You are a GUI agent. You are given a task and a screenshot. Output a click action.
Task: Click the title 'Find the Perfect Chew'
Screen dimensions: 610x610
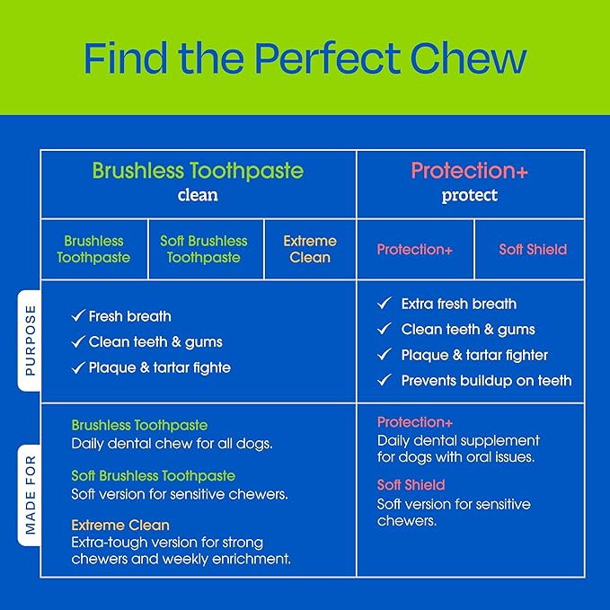(305, 57)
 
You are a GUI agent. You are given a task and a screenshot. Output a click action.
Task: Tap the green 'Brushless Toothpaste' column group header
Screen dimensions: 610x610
(198, 171)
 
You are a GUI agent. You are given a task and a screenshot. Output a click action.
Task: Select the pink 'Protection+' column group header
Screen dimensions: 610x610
(470, 171)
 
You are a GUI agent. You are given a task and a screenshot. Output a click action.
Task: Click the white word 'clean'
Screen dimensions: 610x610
(198, 195)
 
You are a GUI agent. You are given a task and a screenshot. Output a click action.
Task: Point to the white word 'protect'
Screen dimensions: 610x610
(470, 195)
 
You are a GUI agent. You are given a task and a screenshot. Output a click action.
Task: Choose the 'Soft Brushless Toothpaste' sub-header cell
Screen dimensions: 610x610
(206, 250)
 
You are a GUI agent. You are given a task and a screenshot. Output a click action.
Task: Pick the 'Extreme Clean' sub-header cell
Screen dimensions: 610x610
(310, 250)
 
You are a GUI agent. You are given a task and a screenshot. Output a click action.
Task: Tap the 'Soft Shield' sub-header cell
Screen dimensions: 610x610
(529, 250)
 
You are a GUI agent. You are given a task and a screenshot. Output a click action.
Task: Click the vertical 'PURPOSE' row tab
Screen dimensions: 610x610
(30, 340)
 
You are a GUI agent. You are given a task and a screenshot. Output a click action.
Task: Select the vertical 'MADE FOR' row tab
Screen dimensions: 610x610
(30, 495)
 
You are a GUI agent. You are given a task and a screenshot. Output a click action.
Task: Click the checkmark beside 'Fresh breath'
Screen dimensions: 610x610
(78, 315)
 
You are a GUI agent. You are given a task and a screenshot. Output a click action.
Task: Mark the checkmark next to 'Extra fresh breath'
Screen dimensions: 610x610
(385, 303)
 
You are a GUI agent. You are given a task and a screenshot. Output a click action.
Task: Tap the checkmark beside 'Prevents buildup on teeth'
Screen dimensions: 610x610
(385, 379)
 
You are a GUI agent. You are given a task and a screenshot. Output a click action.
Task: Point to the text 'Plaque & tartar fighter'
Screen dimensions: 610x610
(474, 355)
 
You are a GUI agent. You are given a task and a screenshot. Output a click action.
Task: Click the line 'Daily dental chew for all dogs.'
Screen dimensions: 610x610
(172, 444)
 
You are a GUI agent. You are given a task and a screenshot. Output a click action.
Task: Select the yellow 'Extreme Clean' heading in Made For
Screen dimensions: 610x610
(120, 526)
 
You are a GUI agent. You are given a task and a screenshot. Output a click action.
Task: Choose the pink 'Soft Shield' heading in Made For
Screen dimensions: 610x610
(411, 485)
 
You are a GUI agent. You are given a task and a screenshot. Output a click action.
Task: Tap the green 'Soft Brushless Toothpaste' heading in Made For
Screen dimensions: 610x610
(154, 476)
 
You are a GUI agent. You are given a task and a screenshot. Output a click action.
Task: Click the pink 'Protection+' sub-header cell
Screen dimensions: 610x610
(415, 250)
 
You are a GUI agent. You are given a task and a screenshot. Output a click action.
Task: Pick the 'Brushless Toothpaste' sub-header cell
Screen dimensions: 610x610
(93, 250)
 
